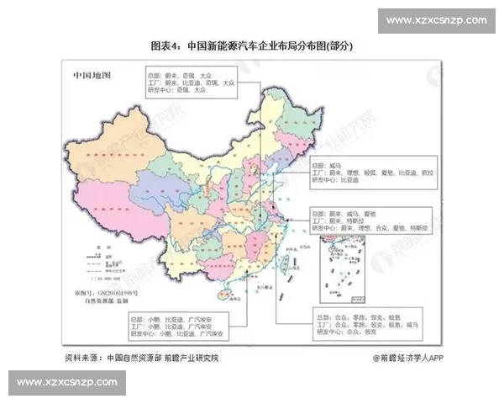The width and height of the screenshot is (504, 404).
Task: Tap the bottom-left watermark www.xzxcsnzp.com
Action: click(x=65, y=382)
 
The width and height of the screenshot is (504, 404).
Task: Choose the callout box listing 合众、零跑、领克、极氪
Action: click(x=361, y=325)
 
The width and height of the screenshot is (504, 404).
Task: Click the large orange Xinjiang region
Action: click(x=109, y=151)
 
